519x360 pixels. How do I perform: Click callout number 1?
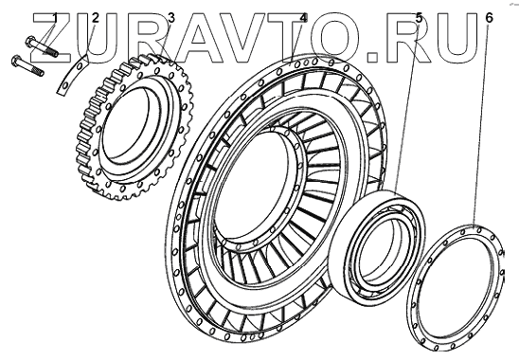(x=55, y=17)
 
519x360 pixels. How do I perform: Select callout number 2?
(x=95, y=17)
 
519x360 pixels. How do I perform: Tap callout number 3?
(x=170, y=17)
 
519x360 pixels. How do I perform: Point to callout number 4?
(x=303, y=17)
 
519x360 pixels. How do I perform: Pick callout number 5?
(x=419, y=17)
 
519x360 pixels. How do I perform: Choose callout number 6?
(x=489, y=17)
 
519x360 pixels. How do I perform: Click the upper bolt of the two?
(x=42, y=46)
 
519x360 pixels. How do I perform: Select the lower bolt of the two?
(x=27, y=66)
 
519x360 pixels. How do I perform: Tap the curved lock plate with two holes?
(x=72, y=76)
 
